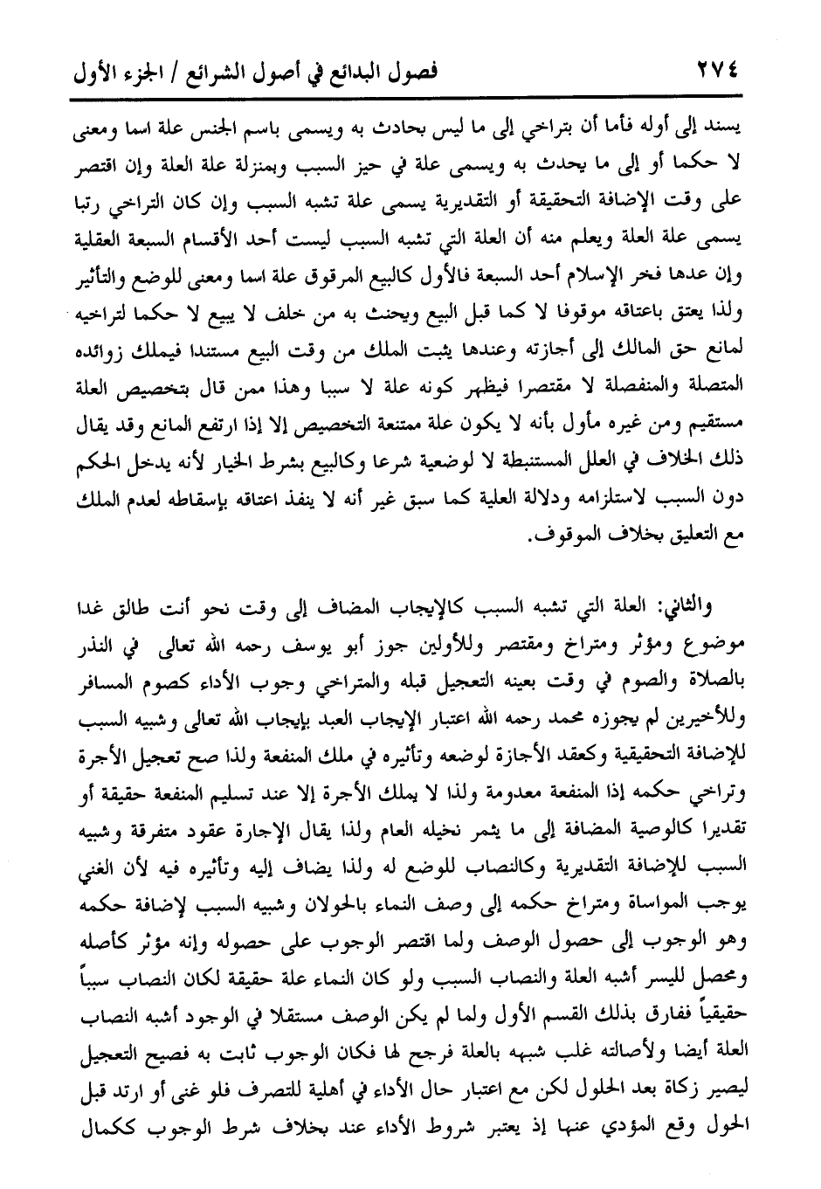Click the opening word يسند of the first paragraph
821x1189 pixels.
[x=728, y=126]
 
